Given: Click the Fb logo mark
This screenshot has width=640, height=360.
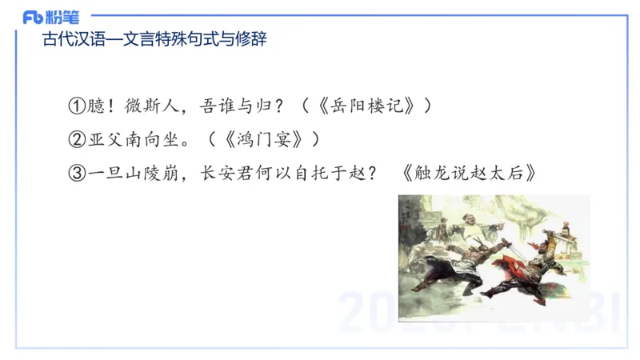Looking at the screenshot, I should click(34, 17).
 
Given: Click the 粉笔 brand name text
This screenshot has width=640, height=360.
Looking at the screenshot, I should click(62, 17).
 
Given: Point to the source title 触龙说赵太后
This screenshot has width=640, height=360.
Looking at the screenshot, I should click(470, 174).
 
